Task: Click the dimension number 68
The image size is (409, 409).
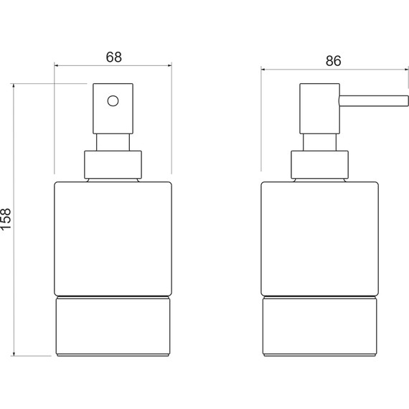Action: pos(113,57)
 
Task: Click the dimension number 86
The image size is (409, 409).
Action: pos(334,61)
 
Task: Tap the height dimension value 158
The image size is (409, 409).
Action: pos(6,219)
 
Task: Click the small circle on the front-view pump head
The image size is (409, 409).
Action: pos(113,101)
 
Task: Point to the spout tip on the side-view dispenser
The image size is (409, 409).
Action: pos(408,101)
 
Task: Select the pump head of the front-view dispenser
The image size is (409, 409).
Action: pos(113,108)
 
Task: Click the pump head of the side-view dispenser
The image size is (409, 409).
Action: pos(319,108)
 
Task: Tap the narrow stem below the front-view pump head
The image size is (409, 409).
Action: pos(113,142)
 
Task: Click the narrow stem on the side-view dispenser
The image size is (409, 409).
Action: pos(319,142)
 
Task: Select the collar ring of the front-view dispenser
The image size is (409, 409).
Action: pos(113,165)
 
